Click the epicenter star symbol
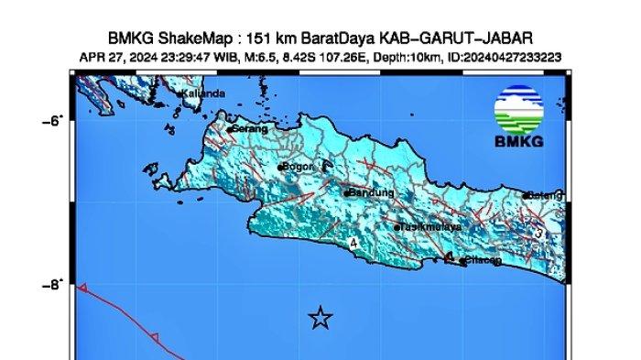click(320, 318)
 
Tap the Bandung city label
click(371, 193)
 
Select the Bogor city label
click(298, 168)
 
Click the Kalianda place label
click(203, 93)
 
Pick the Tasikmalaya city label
click(430, 226)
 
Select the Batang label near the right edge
click(542, 195)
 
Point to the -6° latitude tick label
click(53, 120)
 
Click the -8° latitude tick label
click(53, 285)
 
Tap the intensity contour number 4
click(353, 244)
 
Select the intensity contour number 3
click(540, 234)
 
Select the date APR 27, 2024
click(115, 57)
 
